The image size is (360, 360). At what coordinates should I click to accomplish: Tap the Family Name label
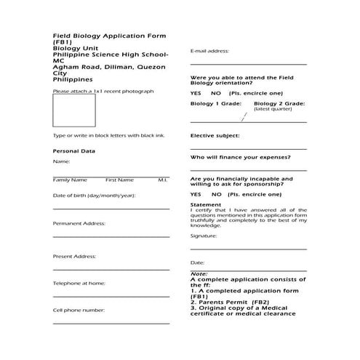(70, 180)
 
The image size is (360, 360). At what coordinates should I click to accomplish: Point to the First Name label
(119, 180)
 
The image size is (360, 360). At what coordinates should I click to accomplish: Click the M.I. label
(163, 180)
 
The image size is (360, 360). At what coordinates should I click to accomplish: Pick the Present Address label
(75, 256)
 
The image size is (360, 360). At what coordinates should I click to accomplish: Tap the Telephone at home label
(79, 283)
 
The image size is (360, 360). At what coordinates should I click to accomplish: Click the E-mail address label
(209, 52)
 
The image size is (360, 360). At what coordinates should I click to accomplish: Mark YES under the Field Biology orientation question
(196, 94)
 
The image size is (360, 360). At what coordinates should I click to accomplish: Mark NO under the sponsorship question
(217, 195)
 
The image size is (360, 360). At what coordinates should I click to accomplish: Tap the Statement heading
(205, 205)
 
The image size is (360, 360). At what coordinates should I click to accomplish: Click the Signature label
(204, 236)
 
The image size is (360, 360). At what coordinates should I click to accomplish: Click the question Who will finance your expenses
(240, 157)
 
